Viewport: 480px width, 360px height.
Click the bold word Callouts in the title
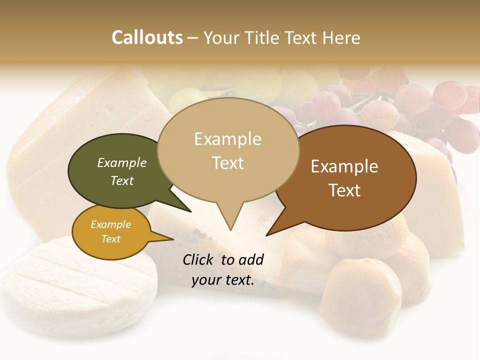pos(147,37)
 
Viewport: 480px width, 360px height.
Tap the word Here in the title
pos(342,37)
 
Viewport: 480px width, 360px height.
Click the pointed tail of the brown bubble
pos(268,234)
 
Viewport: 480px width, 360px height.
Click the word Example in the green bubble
pos(122,162)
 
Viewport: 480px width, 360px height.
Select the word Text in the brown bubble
pos(344,190)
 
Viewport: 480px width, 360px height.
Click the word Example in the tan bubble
pos(227,139)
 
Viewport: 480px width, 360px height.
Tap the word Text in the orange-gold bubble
pos(111,239)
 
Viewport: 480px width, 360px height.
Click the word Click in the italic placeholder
pos(198,259)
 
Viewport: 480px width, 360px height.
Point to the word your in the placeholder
pos(204,280)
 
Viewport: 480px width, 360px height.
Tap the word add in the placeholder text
pos(251,259)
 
